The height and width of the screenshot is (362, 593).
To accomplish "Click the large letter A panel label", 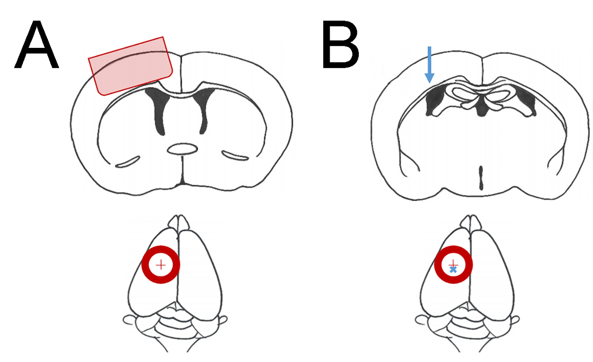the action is point(36,45).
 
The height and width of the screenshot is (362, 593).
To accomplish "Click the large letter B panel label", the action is point(340,45).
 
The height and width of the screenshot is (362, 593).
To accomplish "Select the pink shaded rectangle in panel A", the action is point(131,65).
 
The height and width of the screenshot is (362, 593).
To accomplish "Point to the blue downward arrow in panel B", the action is point(429,64).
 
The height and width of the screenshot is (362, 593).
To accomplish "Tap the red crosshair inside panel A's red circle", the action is point(161,265).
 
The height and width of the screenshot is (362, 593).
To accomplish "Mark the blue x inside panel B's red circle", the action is point(453,270).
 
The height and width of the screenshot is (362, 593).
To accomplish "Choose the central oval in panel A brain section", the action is point(182,149).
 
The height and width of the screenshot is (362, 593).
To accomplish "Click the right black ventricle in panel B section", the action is point(528,101).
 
